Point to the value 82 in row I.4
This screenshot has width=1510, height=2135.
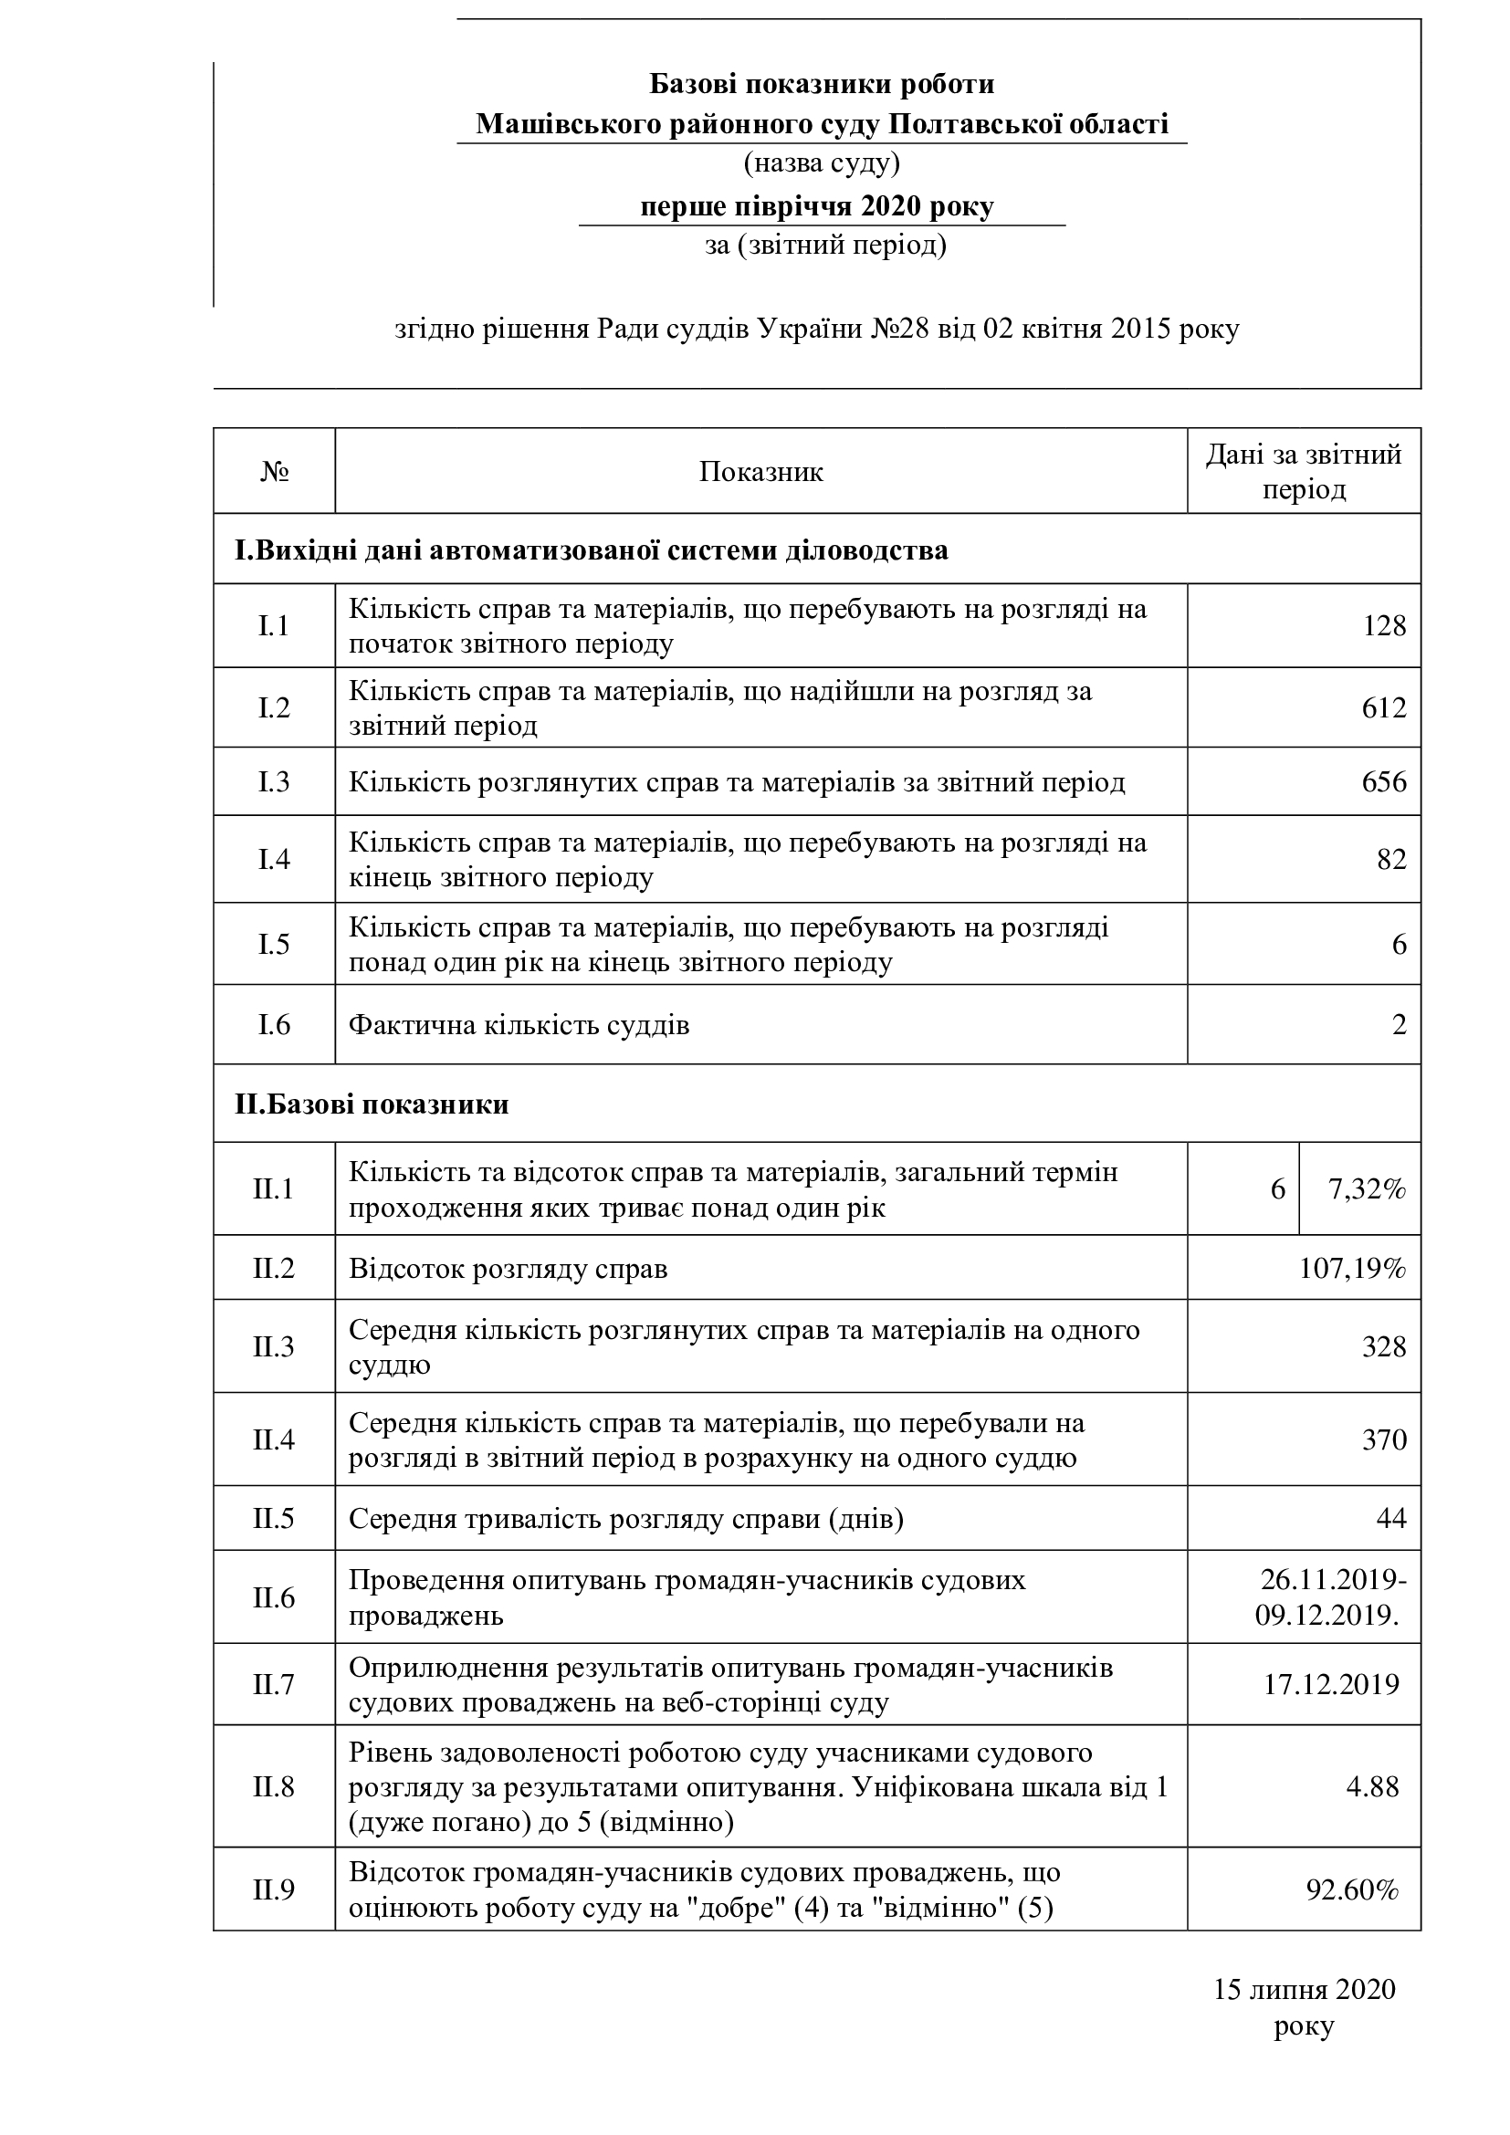click(x=1391, y=859)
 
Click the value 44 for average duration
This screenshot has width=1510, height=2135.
click(x=1391, y=1519)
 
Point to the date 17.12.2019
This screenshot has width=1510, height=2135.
click(x=1330, y=1685)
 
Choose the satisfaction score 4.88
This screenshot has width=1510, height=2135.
click(x=1372, y=1786)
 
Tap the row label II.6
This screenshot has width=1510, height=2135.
click(x=273, y=1597)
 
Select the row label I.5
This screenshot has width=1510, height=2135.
click(x=273, y=945)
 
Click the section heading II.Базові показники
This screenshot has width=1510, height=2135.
click(x=372, y=1104)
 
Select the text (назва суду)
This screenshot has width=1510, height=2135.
click(x=821, y=163)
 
